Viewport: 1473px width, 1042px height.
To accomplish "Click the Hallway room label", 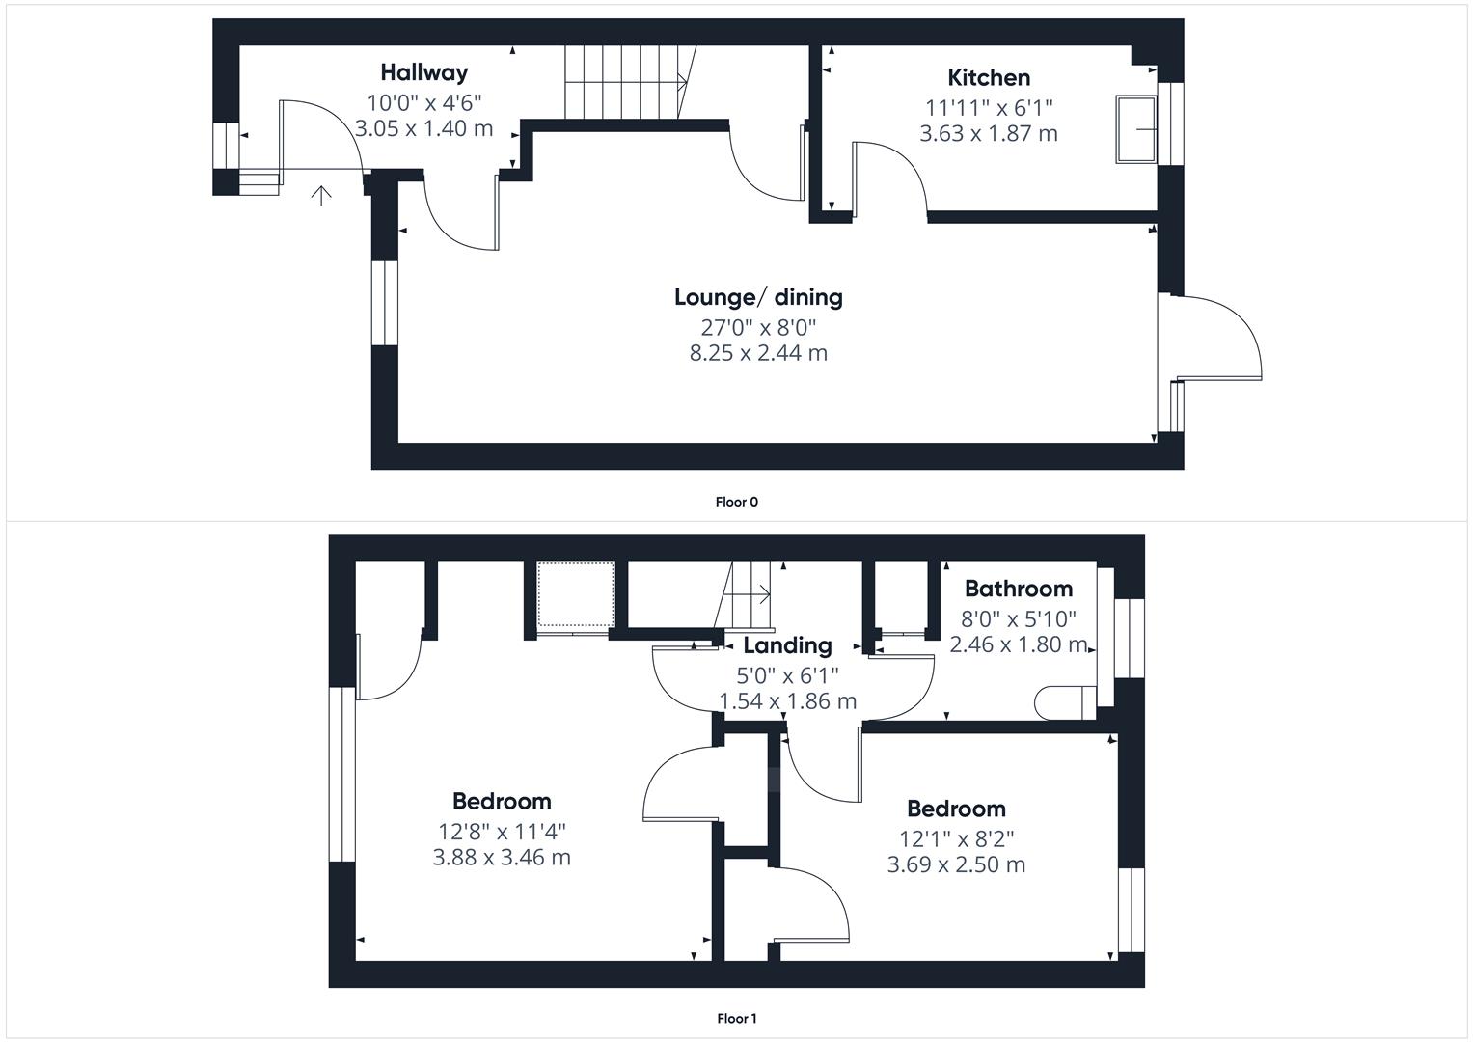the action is point(424,72).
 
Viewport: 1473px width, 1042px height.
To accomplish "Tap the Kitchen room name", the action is point(989,77).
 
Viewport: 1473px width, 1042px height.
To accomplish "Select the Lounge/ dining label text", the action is point(758,297).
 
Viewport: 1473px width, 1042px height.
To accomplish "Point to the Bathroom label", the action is point(1019,589).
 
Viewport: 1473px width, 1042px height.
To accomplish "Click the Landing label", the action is point(787,645).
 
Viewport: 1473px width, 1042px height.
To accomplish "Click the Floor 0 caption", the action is point(737,502).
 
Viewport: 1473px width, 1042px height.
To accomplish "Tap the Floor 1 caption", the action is point(737,1019).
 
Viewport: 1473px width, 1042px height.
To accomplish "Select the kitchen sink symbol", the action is point(1135,129).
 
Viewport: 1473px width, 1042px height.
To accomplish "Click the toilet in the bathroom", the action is point(1065,703).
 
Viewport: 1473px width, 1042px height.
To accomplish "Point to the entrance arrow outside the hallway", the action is point(321,196).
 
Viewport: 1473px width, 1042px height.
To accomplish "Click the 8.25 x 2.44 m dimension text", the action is point(758,353).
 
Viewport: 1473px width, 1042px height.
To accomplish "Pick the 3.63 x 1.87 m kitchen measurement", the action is point(989,133).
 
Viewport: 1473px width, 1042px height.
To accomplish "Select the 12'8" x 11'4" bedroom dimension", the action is point(502,832).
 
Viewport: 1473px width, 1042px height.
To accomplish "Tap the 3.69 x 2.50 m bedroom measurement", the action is point(956,864).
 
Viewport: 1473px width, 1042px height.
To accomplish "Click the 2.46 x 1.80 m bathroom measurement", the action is point(1019,644).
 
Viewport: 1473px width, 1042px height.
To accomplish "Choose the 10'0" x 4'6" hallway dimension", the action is point(424,102).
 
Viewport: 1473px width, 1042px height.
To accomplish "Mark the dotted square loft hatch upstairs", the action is point(576,594).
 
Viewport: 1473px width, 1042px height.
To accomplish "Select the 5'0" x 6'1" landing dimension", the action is point(787,675).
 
